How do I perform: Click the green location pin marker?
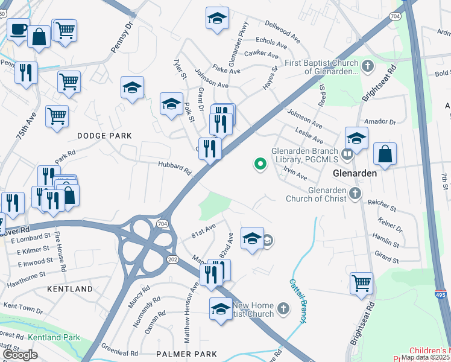point(260,164)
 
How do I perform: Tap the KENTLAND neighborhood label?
point(70,289)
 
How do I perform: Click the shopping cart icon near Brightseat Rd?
point(361,282)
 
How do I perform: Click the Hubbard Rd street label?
point(174,167)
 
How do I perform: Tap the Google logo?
point(20,355)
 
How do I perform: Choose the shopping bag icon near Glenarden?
point(385,154)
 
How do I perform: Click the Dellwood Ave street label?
point(283,30)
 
